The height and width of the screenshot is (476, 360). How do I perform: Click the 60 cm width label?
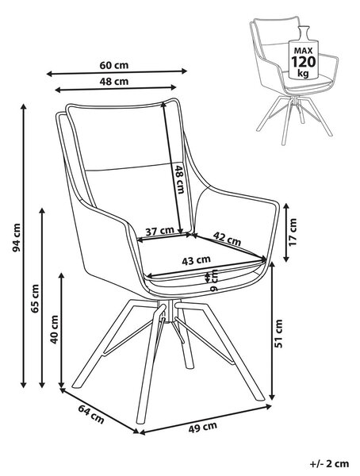(114, 65)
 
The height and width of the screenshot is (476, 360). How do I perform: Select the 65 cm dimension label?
(35, 299)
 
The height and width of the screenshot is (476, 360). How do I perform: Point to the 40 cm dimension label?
(54, 329)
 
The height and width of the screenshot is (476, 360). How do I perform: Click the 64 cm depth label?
(91, 414)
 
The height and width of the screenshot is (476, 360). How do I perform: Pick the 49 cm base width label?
(203, 428)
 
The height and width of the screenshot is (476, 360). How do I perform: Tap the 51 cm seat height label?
(278, 333)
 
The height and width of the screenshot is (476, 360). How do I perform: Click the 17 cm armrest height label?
(293, 232)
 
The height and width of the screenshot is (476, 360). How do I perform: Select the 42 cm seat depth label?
(227, 239)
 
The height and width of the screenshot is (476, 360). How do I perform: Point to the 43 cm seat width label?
(196, 260)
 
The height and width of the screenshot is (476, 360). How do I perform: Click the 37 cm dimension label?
(159, 232)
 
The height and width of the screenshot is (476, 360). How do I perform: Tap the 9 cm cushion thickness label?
(214, 280)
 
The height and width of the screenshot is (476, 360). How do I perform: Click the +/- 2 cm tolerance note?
(329, 463)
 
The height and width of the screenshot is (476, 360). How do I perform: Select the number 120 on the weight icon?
(303, 62)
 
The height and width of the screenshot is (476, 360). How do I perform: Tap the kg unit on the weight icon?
(303, 73)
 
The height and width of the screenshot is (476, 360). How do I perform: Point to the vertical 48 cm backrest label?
(180, 179)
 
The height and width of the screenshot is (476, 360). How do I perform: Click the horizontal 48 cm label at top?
(114, 82)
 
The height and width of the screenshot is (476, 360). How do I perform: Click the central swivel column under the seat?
(168, 310)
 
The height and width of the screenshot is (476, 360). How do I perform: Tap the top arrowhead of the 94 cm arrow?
(23, 107)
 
